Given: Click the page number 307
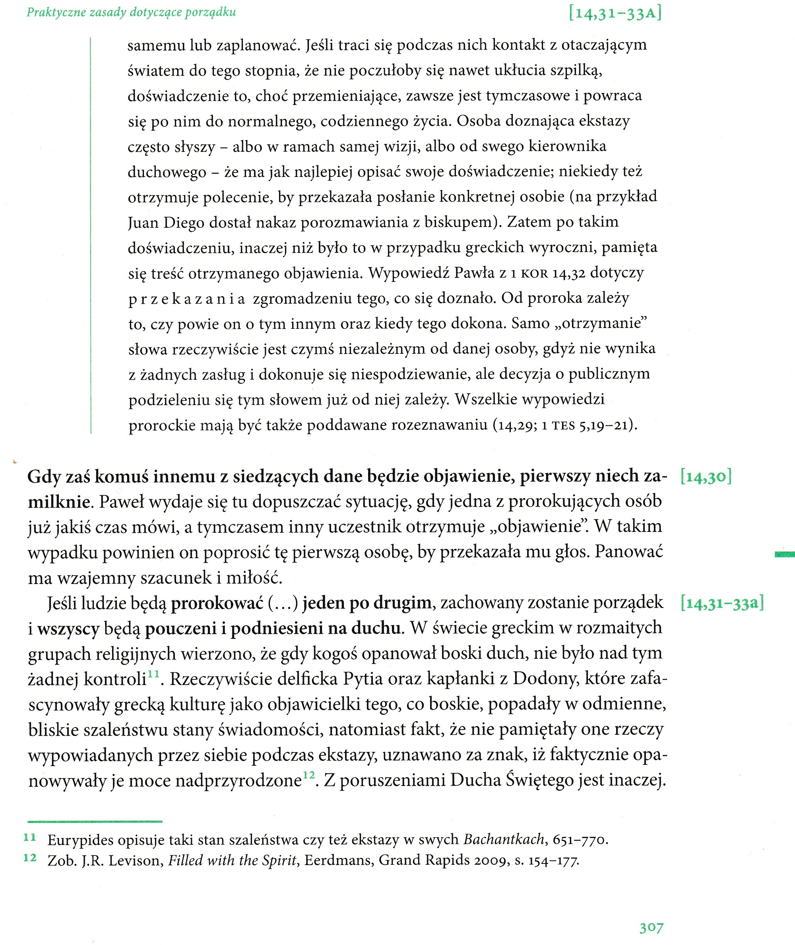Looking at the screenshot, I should pyautogui.click(x=651, y=928).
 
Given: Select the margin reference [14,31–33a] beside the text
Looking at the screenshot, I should pyautogui.click(x=722, y=603).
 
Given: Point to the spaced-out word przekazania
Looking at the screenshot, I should pyautogui.click(x=186, y=299).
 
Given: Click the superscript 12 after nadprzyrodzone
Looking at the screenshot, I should pyautogui.click(x=309, y=775).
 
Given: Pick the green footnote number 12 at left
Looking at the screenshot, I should pyautogui.click(x=30, y=858).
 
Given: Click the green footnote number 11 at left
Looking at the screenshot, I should pyautogui.click(x=30, y=838).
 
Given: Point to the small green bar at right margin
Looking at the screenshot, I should pyautogui.click(x=784, y=555).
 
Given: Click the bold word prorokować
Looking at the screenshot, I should pyautogui.click(x=217, y=603).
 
